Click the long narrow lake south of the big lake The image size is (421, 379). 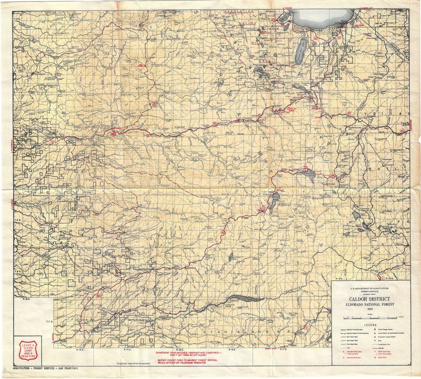click(300, 50)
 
